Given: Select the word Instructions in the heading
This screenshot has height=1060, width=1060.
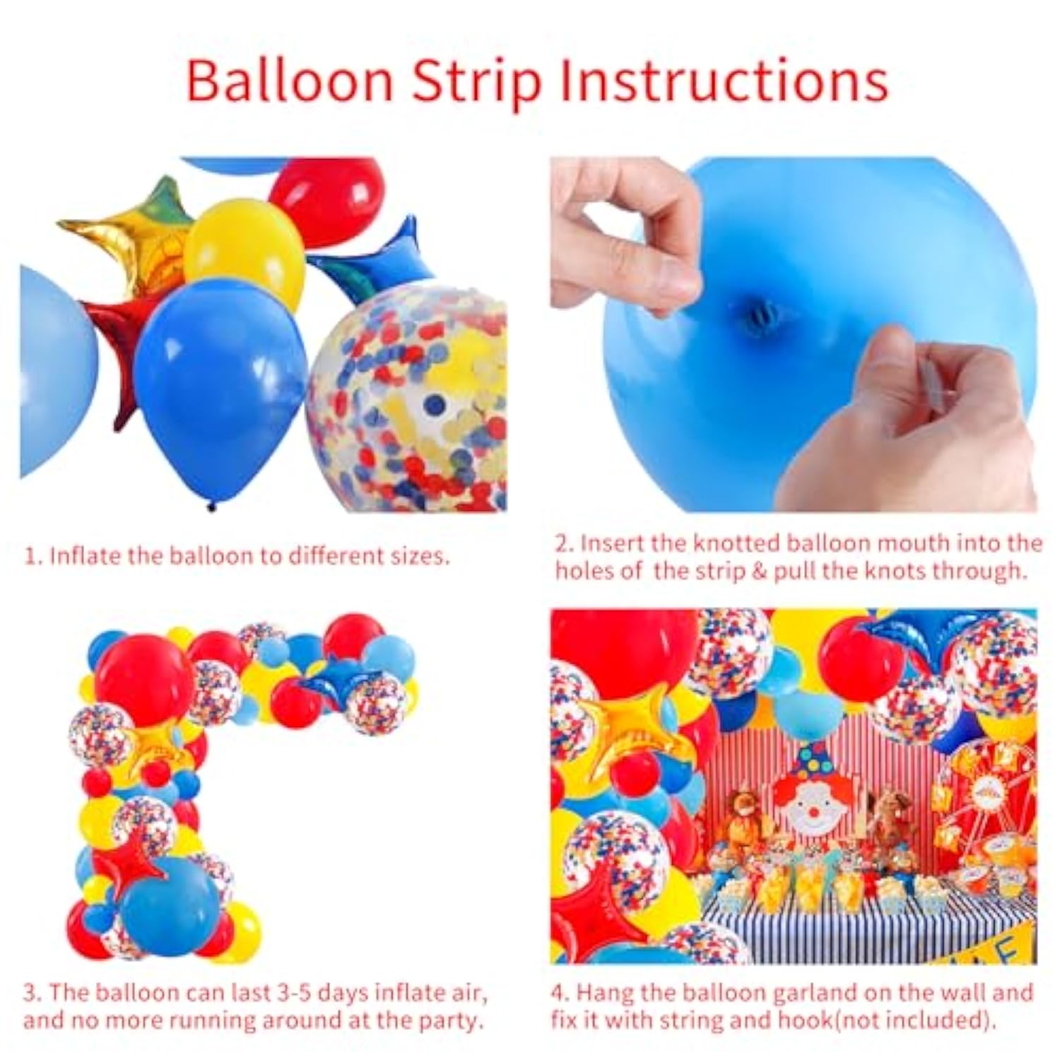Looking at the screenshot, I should pyautogui.click(x=724, y=81).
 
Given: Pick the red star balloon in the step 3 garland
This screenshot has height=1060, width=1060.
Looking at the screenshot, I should pyautogui.click(x=134, y=859).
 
